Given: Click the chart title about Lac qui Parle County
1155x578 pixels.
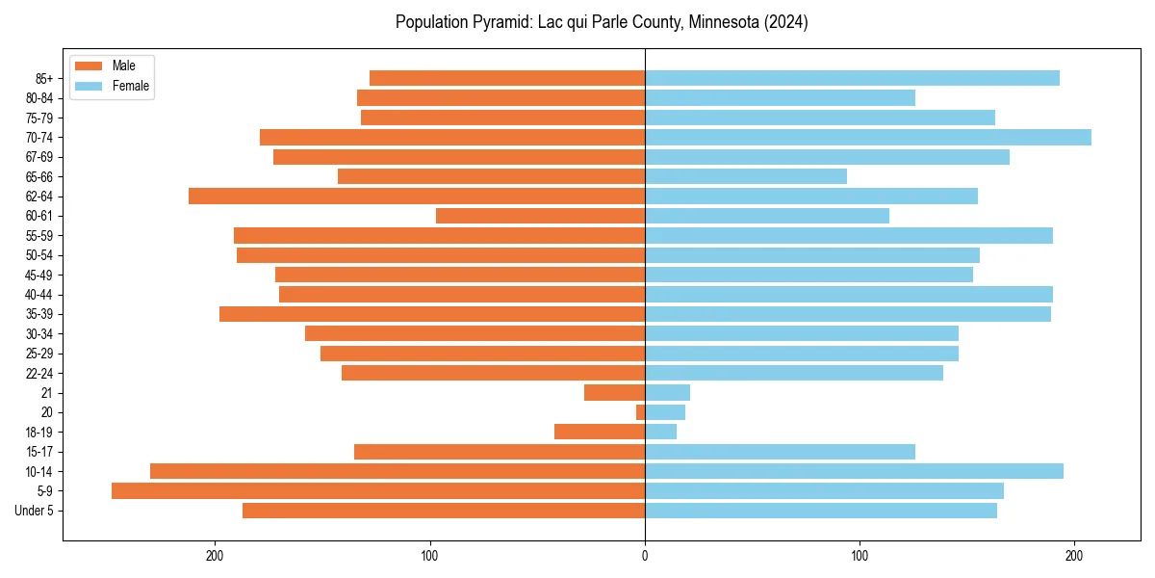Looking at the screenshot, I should tap(602, 22).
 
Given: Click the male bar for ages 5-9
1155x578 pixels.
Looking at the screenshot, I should tap(378, 491).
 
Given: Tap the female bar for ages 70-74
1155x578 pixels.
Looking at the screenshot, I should tap(868, 137).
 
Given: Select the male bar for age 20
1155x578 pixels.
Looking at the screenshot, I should tap(641, 412).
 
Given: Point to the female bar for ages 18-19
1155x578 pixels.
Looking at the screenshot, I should tap(660, 432).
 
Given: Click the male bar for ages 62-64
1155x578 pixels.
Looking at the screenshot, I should tap(417, 197).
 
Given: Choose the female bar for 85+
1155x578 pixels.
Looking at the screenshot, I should tap(852, 78).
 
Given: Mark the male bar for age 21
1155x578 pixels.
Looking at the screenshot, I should tap(615, 393).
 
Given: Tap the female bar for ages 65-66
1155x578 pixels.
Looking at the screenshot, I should tap(746, 176).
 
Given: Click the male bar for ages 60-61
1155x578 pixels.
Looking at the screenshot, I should tap(540, 216).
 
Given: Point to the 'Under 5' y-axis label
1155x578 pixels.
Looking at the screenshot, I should tap(35, 511).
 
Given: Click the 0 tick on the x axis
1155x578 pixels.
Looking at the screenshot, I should tap(645, 556).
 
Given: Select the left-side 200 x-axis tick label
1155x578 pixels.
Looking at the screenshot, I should tap(215, 556).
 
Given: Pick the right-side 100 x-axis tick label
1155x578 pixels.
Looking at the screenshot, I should tap(860, 556).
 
